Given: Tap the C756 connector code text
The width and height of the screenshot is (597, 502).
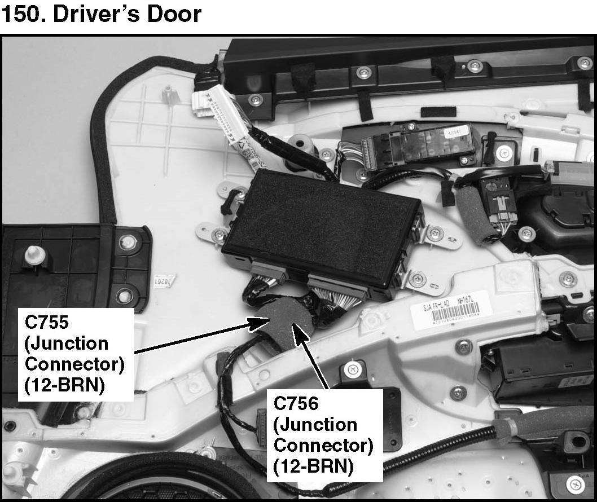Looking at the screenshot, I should (297, 404).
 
